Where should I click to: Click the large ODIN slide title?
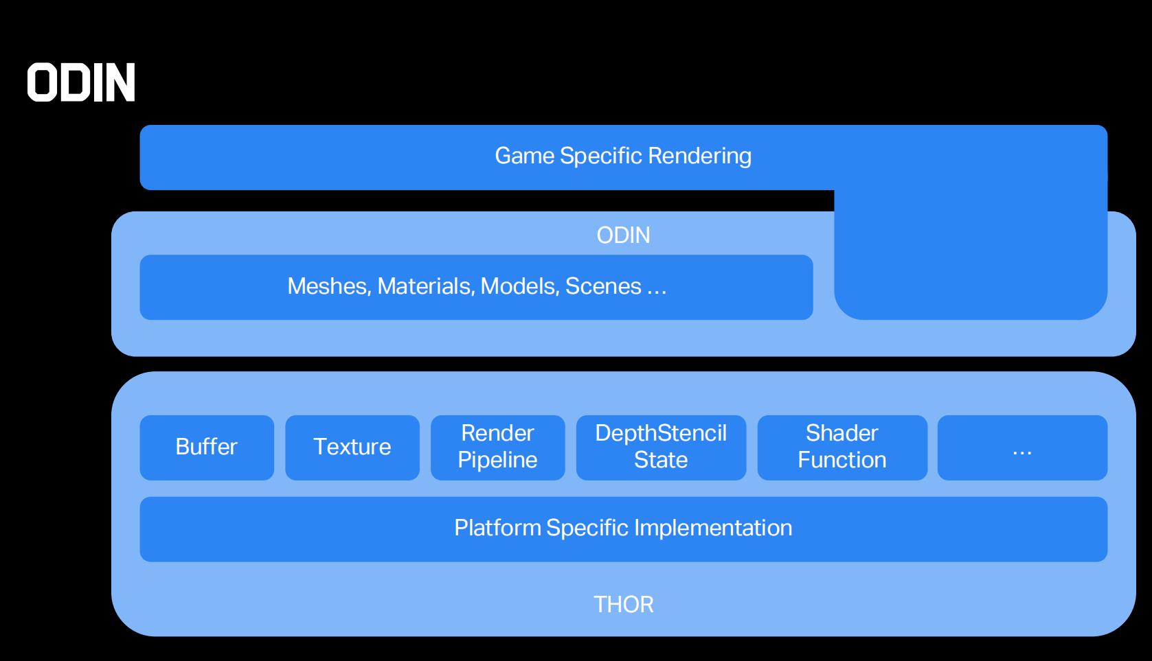click(x=81, y=82)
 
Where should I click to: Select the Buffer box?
click(x=207, y=448)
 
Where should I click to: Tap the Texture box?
click(x=352, y=448)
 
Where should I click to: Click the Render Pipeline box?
click(x=498, y=448)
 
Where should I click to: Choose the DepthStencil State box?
click(x=661, y=448)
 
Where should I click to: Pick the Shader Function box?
click(x=842, y=448)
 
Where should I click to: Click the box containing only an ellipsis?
click(x=1022, y=448)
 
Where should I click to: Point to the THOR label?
click(x=623, y=605)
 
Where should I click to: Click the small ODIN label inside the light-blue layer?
click(x=623, y=235)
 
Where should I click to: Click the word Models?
click(x=520, y=286)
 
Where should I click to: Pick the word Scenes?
click(x=603, y=286)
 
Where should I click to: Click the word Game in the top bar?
click(x=525, y=156)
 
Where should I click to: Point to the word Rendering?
click(x=699, y=156)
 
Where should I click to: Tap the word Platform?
click(x=497, y=528)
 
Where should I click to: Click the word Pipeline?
click(x=497, y=460)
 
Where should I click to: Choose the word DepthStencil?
click(x=661, y=433)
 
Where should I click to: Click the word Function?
click(x=842, y=460)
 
